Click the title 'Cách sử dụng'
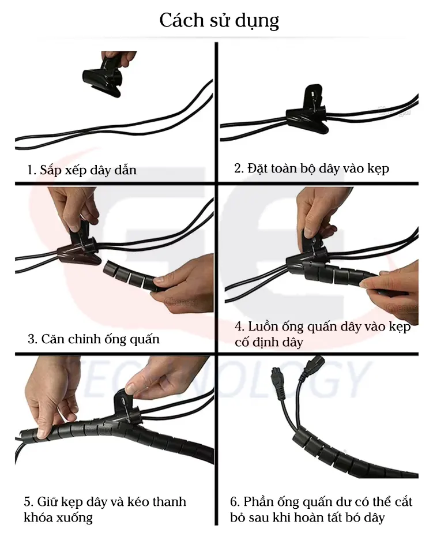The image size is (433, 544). click(x=219, y=20)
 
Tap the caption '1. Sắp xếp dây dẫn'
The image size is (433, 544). click(x=82, y=170)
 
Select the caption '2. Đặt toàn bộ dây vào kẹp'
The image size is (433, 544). click(x=311, y=168)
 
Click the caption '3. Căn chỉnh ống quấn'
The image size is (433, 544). click(x=93, y=339)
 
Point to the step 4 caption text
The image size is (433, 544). click(x=322, y=334)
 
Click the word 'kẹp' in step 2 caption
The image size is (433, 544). click(x=378, y=169)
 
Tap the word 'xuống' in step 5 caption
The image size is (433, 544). click(x=73, y=517)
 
